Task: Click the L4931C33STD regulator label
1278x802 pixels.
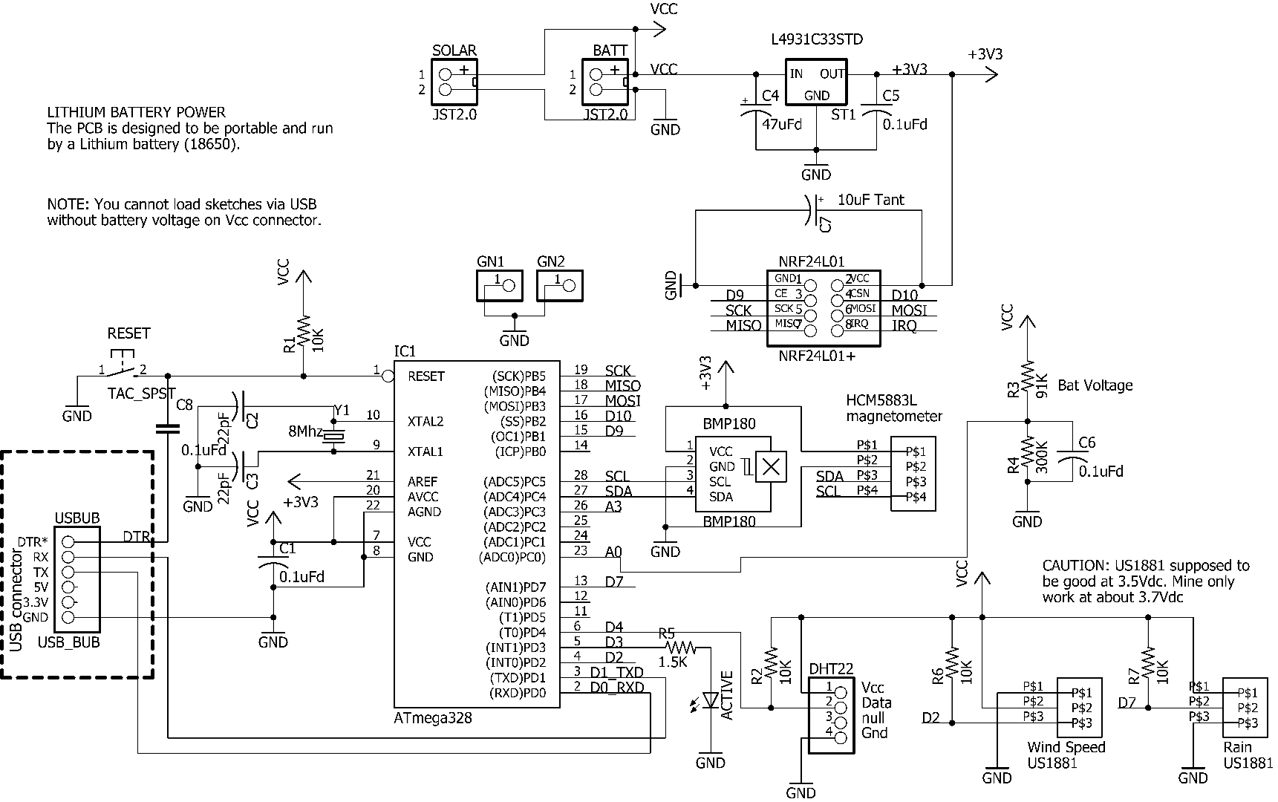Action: point(817,39)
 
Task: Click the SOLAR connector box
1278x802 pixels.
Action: point(454,82)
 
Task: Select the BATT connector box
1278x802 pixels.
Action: point(604,82)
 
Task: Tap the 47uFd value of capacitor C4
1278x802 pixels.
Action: point(781,124)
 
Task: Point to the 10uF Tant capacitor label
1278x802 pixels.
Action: point(870,200)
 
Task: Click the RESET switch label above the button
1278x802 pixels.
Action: point(128,333)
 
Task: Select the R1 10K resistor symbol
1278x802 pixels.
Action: point(303,333)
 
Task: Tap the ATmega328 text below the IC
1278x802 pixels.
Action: point(432,718)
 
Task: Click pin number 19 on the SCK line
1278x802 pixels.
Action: point(580,370)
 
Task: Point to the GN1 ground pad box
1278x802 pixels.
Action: point(499,285)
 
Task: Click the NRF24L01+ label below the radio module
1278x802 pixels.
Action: point(816,356)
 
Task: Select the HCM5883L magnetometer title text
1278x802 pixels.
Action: point(893,408)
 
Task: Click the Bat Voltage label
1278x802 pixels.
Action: point(1095,385)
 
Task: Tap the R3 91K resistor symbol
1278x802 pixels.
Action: point(1028,377)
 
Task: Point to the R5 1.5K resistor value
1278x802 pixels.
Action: point(673,662)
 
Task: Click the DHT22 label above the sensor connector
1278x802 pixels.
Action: point(830,669)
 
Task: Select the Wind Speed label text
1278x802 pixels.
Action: point(1066,747)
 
